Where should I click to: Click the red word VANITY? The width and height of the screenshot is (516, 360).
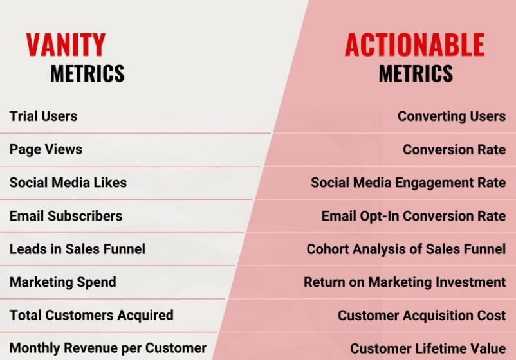click(66, 45)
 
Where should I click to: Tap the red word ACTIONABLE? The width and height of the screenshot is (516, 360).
click(414, 45)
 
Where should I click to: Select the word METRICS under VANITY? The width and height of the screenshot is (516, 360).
click(87, 74)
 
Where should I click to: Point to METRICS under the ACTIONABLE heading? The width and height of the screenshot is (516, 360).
click(416, 74)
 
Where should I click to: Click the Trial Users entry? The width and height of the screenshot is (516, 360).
click(43, 116)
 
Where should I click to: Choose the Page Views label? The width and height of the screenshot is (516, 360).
click(46, 149)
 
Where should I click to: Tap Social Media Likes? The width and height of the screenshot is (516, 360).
click(68, 183)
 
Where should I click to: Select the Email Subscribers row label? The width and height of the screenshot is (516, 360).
click(66, 216)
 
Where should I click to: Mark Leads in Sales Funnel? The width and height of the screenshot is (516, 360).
click(77, 249)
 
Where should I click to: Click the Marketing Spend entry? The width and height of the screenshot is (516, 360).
click(62, 282)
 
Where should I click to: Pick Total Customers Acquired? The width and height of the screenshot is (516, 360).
click(91, 315)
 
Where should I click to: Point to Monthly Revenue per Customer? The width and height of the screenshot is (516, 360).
click(107, 348)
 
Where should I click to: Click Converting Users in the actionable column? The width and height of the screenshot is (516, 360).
click(451, 116)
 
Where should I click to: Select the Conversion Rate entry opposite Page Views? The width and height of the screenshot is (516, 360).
click(454, 150)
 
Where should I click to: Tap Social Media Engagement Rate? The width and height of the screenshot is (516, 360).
click(408, 183)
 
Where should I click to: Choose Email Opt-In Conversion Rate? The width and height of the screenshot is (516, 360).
click(413, 216)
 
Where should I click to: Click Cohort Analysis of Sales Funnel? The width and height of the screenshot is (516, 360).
click(406, 249)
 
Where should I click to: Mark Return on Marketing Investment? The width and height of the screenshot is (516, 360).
click(404, 282)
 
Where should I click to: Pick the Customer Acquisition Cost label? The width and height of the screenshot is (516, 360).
click(421, 316)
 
